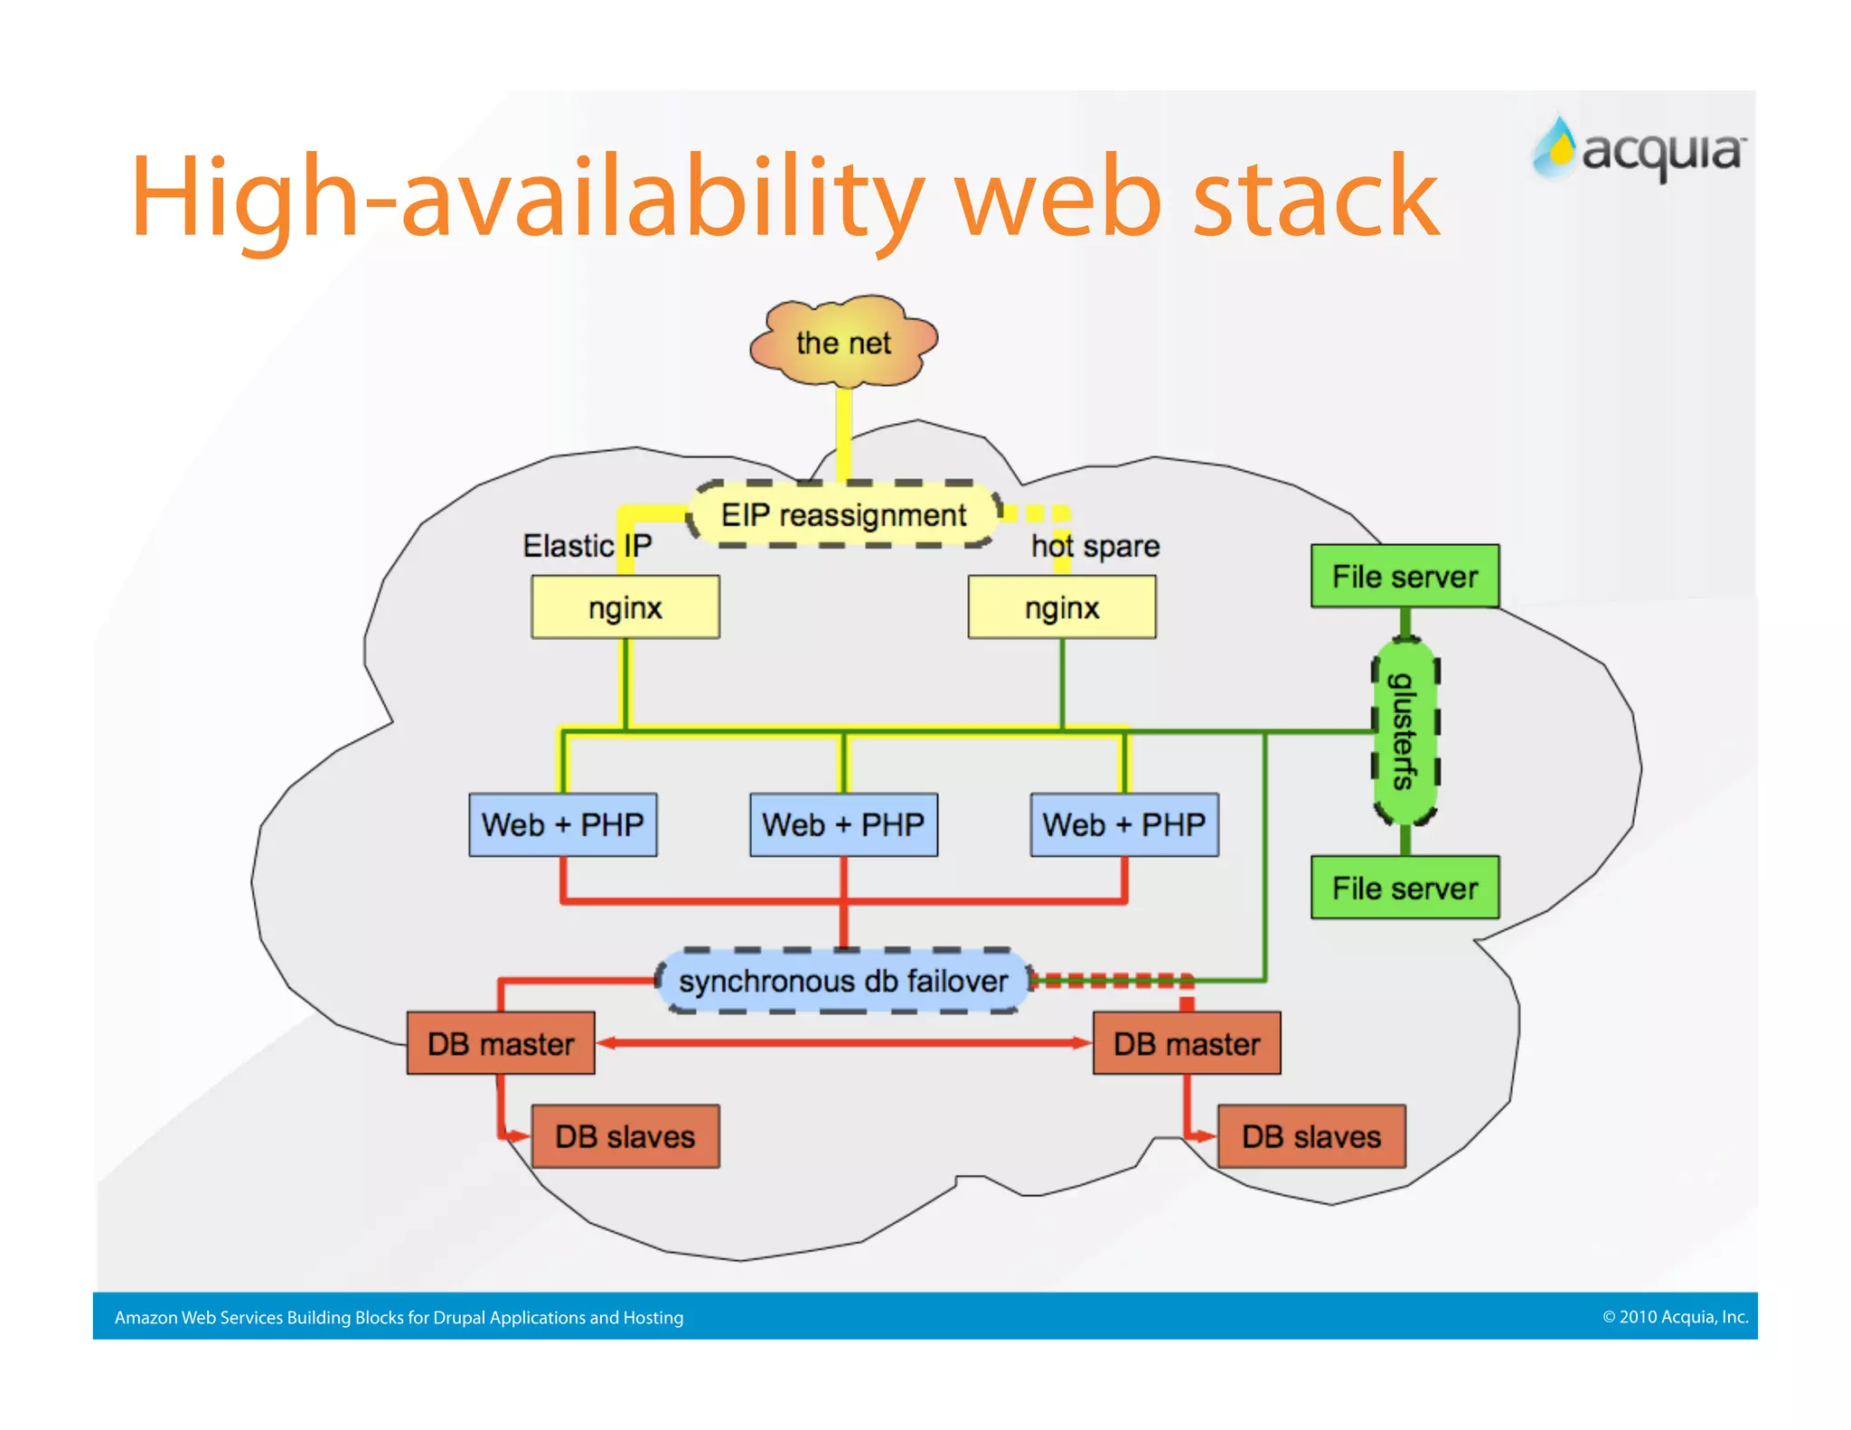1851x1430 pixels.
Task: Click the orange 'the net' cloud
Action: coord(843,343)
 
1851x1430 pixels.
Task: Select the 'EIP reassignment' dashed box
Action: coord(843,515)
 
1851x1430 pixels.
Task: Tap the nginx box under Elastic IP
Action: coord(625,607)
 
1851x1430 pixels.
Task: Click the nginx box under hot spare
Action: coord(1062,607)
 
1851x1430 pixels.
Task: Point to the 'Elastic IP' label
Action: coord(587,546)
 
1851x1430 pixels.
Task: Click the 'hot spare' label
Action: coord(1095,546)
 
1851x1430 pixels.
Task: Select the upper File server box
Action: coord(1405,576)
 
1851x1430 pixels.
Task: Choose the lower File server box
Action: coord(1405,888)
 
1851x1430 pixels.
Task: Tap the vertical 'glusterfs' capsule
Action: coord(1405,731)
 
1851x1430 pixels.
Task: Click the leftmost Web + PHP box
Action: coord(562,824)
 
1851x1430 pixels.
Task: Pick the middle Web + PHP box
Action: coord(843,824)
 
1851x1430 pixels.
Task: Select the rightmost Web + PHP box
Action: coord(1124,824)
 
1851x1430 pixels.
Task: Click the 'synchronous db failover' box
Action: coord(843,981)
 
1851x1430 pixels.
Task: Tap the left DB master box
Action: coord(501,1043)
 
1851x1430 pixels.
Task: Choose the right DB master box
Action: coord(1187,1043)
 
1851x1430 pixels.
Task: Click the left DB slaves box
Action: coord(625,1136)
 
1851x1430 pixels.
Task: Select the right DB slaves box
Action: coord(1311,1136)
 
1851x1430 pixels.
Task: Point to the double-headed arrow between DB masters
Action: coord(843,1043)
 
